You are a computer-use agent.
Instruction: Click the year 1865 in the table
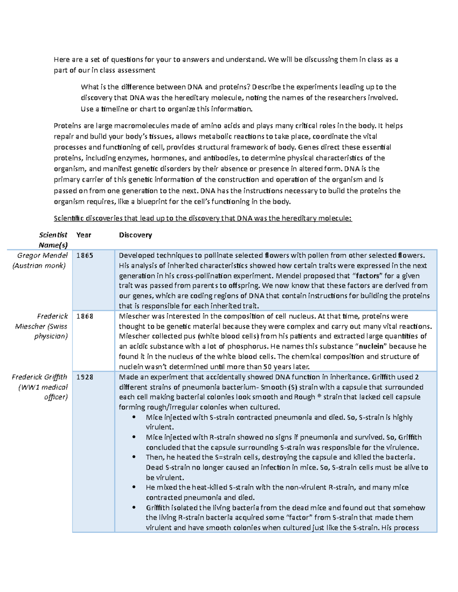click(x=84, y=256)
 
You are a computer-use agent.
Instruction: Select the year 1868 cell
click(x=84, y=316)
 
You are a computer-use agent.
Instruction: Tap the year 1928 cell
click(x=84, y=377)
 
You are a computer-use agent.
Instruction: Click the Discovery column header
click(x=135, y=235)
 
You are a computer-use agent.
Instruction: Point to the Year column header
click(x=84, y=235)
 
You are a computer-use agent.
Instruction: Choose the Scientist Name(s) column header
click(x=53, y=240)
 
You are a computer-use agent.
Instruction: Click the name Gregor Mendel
click(x=42, y=256)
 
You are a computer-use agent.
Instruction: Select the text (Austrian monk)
click(x=39, y=266)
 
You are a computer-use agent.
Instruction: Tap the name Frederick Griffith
click(x=39, y=377)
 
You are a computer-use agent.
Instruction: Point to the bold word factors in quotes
click(x=368, y=276)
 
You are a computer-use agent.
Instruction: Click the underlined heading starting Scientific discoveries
click(x=203, y=218)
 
